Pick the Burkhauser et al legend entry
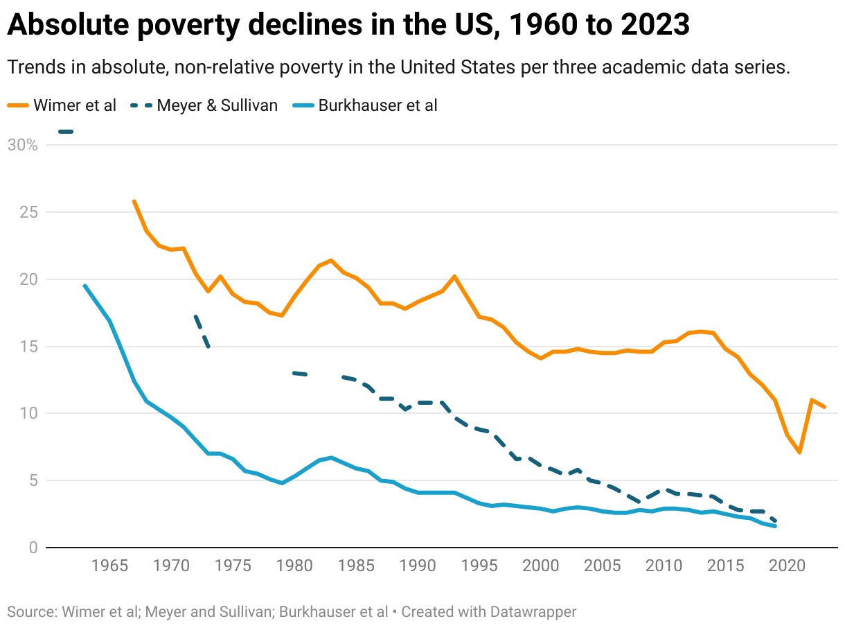(368, 105)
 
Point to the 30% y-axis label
(22, 145)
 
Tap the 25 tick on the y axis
(27, 212)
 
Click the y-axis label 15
(27, 347)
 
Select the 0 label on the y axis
(32, 548)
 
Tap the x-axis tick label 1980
(294, 566)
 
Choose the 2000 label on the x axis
(540, 566)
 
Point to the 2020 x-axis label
(787, 566)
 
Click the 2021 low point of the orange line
(800, 453)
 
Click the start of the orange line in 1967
(134, 201)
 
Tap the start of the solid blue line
(84, 286)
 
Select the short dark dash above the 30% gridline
(66, 132)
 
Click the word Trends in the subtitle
(33, 68)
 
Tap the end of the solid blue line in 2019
(775, 526)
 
